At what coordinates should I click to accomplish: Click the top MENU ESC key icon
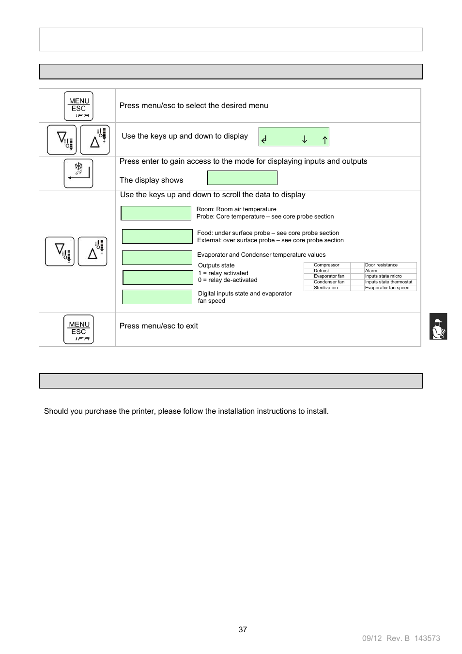point(78,106)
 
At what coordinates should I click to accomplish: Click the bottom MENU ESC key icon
point(78,329)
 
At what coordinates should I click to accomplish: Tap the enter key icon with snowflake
point(78,173)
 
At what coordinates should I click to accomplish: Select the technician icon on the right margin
point(438,327)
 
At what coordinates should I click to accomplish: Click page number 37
point(243,629)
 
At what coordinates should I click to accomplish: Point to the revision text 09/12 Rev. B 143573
point(401,638)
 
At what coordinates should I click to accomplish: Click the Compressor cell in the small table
point(327,265)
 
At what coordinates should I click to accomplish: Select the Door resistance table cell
point(381,265)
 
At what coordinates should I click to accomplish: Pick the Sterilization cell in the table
point(326,288)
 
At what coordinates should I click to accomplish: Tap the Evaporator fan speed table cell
point(387,288)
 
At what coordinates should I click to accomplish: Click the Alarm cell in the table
point(371,271)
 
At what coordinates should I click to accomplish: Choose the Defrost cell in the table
point(322,271)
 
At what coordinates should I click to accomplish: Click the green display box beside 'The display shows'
point(242,178)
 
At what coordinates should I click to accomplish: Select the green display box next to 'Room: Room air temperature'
point(156,213)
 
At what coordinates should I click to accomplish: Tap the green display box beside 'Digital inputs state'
point(157,297)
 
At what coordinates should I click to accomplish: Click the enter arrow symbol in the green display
point(264,140)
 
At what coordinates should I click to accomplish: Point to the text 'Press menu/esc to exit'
point(159,326)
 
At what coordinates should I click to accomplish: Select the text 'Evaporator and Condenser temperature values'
point(262,255)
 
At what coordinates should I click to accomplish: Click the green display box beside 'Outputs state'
point(158,278)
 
